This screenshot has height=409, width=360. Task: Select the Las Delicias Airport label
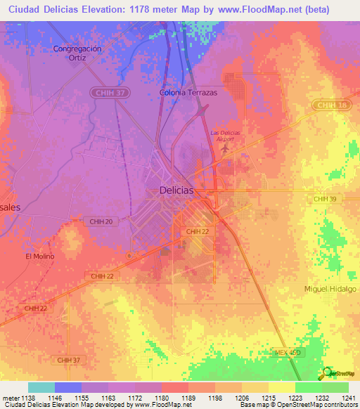(x=225, y=136)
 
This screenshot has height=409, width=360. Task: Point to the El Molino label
(x=40, y=257)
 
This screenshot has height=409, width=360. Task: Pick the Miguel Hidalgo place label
(x=330, y=289)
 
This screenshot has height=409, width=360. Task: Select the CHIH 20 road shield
(x=101, y=221)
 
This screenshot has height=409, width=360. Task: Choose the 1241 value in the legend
(x=349, y=397)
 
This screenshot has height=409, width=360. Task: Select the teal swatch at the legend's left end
(x=41, y=387)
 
